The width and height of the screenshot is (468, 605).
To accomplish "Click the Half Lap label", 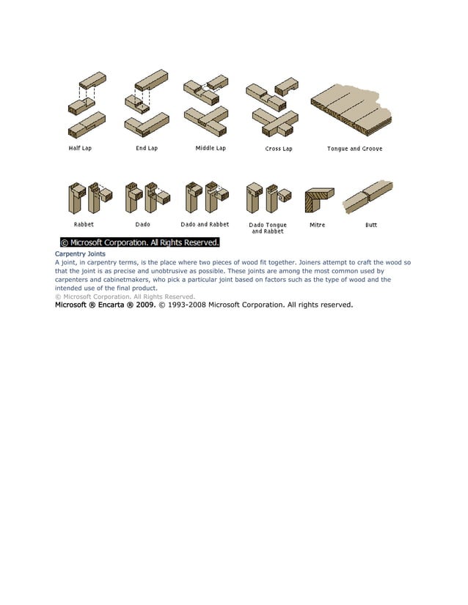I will point(80,148).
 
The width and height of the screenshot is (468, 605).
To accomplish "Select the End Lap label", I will point(147,148).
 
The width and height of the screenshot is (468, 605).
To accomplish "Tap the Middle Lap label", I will point(211,148).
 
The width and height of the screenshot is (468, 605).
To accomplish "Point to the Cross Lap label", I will point(279,149).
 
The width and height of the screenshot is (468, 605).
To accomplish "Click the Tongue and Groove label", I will point(354,149).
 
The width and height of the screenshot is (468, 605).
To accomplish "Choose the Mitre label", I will point(317,225).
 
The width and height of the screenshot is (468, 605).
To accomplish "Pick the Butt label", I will point(371,225).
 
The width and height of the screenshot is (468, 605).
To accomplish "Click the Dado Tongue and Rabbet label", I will point(268,228).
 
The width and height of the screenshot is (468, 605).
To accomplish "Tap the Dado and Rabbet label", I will point(205,224).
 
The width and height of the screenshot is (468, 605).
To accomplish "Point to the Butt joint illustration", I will point(369,195).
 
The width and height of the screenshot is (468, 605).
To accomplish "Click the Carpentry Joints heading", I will point(80,253).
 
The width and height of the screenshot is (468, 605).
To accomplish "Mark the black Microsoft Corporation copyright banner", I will point(139,242).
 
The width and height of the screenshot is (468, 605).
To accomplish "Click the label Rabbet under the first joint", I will point(84,224).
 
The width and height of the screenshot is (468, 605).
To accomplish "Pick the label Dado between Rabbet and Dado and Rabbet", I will point(142,224).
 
